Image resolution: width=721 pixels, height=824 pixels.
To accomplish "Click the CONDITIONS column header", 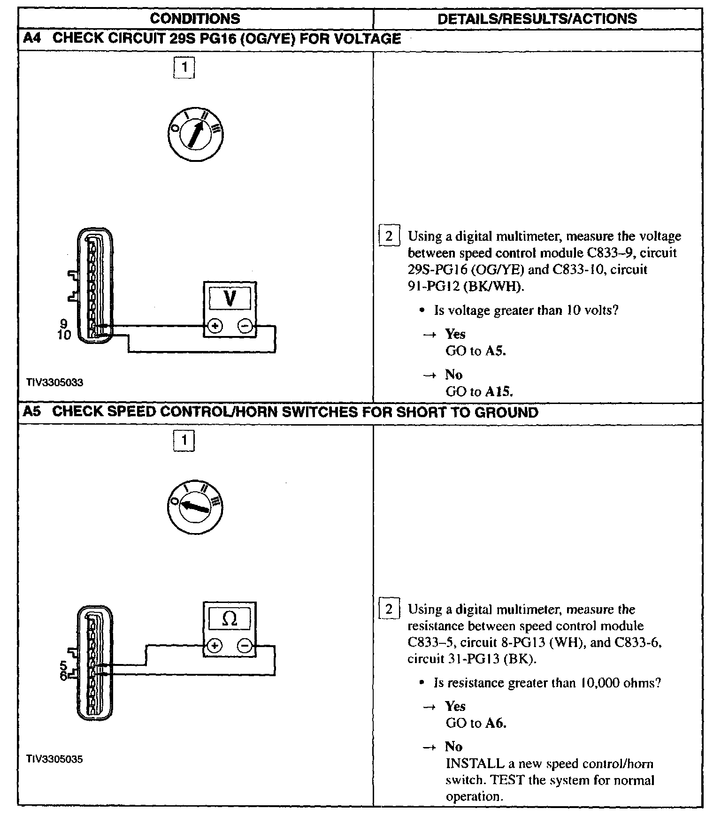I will pos(195,19).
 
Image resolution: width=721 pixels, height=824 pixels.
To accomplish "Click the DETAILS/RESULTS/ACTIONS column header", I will pos(537,19).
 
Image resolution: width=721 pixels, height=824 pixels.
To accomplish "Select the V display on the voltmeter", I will pos(230,298).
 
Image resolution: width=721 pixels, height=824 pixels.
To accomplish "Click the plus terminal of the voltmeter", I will pos(215,326).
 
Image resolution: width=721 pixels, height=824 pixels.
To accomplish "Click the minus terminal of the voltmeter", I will pos(245,326).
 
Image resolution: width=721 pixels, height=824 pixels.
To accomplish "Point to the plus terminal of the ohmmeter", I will pos(215,646).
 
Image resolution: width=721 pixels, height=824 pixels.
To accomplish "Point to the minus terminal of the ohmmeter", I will pos(245,646).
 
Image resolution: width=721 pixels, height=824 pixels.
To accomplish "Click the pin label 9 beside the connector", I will pos(64,324).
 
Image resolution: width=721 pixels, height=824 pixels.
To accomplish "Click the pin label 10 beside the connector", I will pos(64,335).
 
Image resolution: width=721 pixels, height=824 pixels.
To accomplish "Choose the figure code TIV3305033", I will pos(55,382).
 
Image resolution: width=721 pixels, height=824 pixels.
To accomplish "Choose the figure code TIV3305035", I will pos(55,759).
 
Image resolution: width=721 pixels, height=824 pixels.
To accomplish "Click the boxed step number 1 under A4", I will pos(184,68).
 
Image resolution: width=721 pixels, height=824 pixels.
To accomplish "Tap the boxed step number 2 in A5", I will pos(389,610).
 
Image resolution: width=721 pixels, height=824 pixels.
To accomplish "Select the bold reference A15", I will pos(499,391).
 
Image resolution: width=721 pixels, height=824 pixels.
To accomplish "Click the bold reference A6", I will pos(496,723).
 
